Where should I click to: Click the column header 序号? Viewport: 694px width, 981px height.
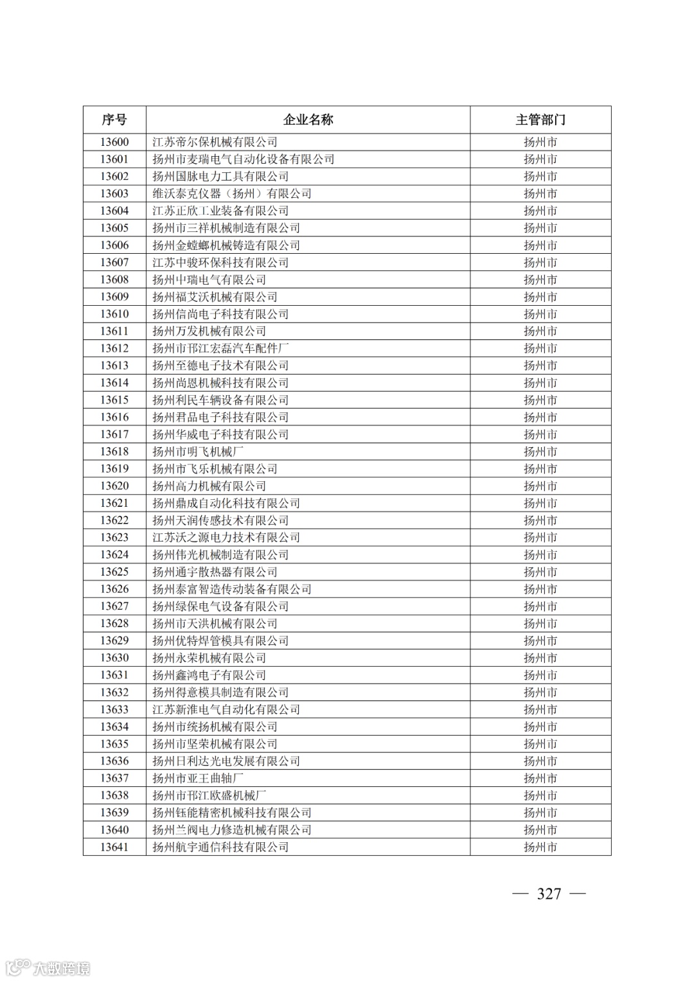point(114,119)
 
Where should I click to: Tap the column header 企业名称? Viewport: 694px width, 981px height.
point(308,119)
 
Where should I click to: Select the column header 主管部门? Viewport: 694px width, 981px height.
point(540,119)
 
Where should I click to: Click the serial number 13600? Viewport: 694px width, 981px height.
point(114,142)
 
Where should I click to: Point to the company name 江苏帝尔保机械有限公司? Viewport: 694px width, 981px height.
point(215,142)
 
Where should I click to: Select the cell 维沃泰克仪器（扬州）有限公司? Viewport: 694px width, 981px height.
point(231,193)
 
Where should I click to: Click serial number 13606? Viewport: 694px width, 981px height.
point(114,245)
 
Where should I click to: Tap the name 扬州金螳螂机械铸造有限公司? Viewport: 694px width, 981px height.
point(226,245)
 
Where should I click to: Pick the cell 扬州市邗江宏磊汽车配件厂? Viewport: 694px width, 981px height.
point(220,348)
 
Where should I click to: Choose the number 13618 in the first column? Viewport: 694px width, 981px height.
point(114,452)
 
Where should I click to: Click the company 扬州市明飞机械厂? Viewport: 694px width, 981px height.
point(198,452)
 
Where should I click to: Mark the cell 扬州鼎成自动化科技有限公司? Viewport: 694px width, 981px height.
point(226,503)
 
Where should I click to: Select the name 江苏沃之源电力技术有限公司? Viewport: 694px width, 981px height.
point(226,538)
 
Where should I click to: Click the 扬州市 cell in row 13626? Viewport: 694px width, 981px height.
point(540,589)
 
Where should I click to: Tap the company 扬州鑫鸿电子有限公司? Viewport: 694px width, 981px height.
point(209,675)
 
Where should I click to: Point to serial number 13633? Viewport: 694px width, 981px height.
point(114,709)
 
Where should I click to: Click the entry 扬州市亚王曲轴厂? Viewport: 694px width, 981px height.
point(198,778)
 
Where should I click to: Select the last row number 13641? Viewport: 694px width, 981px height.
point(114,847)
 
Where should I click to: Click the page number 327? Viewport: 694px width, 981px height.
point(549,894)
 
